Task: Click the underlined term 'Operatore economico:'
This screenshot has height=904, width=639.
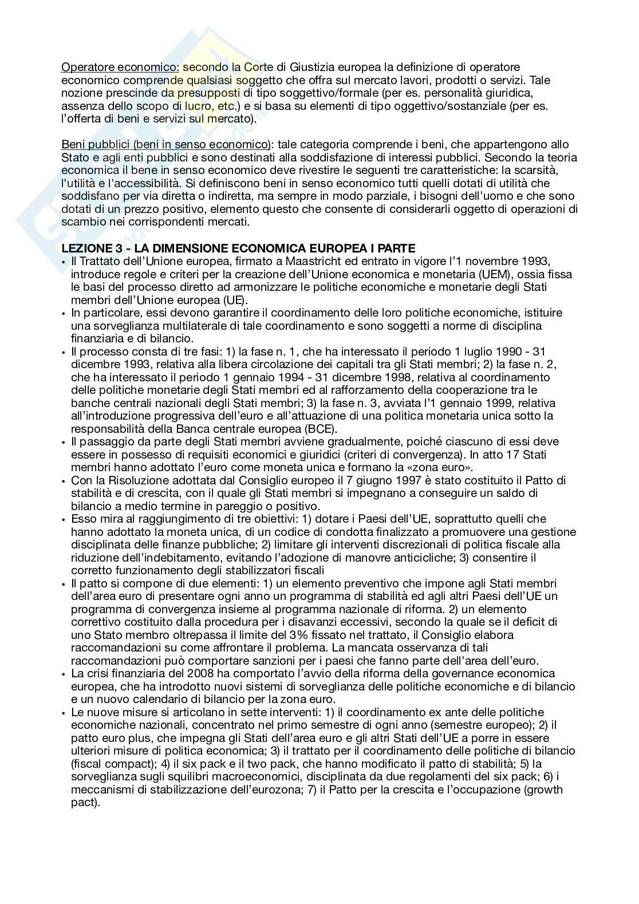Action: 120,68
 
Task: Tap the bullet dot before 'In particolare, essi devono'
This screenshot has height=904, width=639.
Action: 64,313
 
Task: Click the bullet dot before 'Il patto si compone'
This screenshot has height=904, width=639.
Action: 64,583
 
